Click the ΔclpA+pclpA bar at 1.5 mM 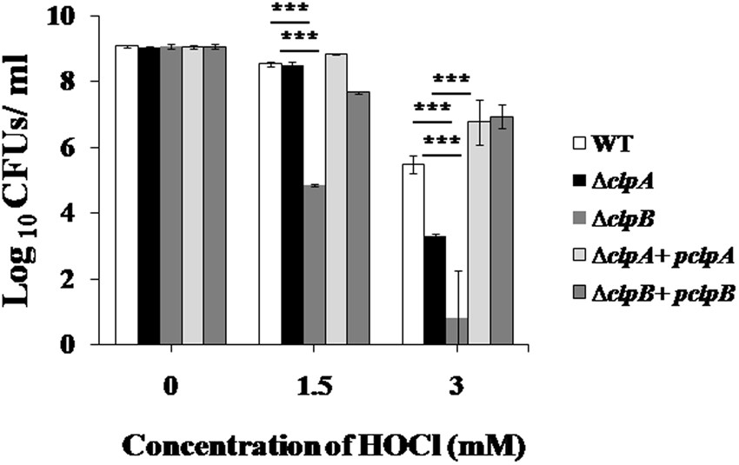click(x=336, y=199)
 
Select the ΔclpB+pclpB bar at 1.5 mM click(x=357, y=218)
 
